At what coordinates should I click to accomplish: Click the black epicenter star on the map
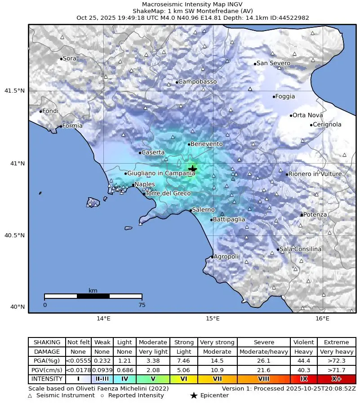(x=192, y=169)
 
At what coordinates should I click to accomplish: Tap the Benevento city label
(x=206, y=144)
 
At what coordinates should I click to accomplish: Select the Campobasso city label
(x=197, y=82)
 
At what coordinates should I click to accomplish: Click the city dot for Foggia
(x=274, y=97)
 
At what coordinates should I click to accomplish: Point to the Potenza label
(x=315, y=214)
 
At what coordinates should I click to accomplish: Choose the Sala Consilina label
(x=301, y=249)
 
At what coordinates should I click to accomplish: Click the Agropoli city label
(x=227, y=257)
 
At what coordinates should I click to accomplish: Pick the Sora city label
(x=69, y=58)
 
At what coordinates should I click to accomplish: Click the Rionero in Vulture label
(x=315, y=174)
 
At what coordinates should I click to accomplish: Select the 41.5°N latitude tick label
(x=14, y=91)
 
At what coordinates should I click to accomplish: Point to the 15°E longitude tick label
(x=213, y=319)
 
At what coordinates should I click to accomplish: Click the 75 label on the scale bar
(x=142, y=305)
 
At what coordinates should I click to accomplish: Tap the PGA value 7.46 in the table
(x=184, y=361)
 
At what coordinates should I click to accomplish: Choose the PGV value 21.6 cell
(x=263, y=370)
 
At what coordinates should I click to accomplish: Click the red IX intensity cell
(x=303, y=379)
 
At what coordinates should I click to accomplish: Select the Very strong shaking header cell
(x=217, y=342)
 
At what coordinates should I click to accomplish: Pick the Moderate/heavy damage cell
(x=263, y=352)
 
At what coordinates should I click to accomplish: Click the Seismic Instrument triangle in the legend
(x=30, y=395)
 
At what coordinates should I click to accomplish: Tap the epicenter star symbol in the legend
(x=193, y=395)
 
